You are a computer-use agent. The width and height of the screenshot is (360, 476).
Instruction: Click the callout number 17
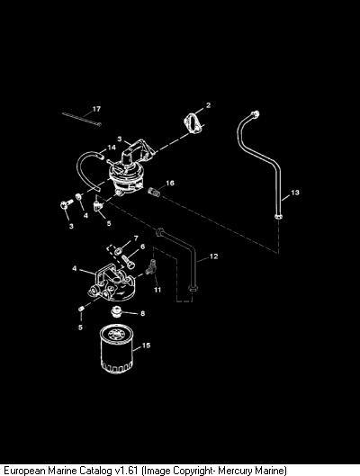tap(96, 109)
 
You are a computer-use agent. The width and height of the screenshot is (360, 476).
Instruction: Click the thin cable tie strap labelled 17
tap(82, 119)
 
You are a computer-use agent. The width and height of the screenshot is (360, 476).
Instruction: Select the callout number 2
tap(208, 105)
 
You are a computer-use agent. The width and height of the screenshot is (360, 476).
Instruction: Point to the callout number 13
tap(295, 193)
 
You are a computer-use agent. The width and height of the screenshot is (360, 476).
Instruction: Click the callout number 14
tap(112, 148)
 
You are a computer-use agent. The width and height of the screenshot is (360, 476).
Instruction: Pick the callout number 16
tap(170, 183)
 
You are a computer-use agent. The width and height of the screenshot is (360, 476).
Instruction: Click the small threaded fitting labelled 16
tap(154, 192)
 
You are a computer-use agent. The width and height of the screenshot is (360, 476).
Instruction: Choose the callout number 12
tap(213, 256)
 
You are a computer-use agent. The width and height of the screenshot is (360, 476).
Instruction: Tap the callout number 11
tap(157, 290)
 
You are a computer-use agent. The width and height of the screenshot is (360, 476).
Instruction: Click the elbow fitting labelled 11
tap(151, 267)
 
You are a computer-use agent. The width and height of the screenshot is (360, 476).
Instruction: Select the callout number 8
tap(143, 313)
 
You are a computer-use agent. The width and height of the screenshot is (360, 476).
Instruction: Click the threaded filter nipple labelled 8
tap(116, 311)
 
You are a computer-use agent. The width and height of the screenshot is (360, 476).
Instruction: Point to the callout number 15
tap(146, 346)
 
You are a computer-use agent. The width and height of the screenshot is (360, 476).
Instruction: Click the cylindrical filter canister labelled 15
tap(117, 348)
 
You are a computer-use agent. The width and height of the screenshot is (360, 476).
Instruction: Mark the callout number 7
tap(136, 238)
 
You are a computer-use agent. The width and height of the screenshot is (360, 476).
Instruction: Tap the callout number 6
tap(142, 247)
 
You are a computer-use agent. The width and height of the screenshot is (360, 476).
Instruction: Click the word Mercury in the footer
tap(233, 471)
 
